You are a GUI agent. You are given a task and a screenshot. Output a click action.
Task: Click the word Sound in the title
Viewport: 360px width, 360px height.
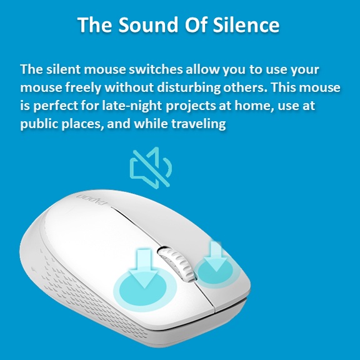tap(148, 24)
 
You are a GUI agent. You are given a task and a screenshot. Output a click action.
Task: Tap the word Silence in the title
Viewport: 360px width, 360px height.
tap(246, 24)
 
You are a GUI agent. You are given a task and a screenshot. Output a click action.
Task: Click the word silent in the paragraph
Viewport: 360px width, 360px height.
tap(64, 69)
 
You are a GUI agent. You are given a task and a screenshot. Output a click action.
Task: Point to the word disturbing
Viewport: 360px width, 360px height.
tap(189, 87)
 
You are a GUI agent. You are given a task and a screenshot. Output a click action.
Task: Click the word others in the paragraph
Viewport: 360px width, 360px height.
tap(246, 87)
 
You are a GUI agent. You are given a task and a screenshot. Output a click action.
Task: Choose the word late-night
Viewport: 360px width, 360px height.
tap(132, 106)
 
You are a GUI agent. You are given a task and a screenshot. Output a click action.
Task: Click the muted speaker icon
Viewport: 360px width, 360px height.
tap(151, 167)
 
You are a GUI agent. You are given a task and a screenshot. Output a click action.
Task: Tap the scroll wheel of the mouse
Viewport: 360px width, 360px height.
tap(177, 263)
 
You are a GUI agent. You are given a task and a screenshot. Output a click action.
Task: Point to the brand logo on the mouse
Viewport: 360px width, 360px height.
tap(92, 199)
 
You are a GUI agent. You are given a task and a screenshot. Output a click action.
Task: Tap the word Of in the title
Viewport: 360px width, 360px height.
tap(196, 24)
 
